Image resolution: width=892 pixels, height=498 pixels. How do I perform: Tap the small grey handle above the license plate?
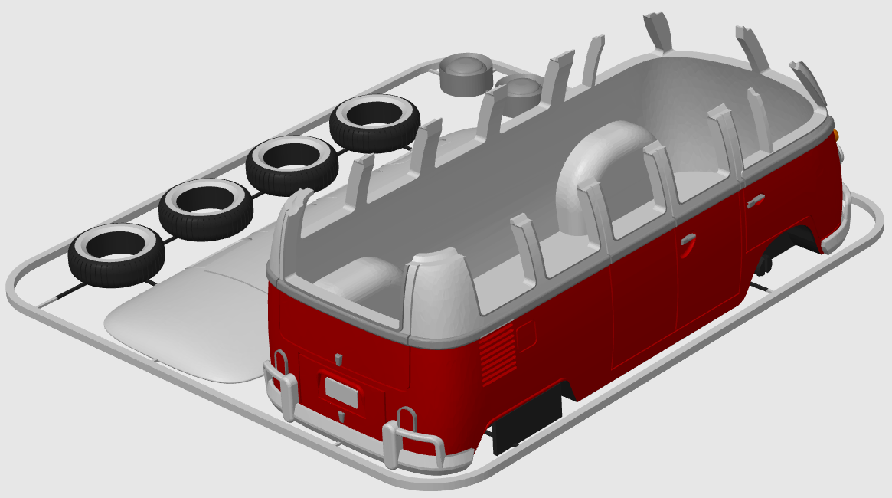click(x=338, y=359)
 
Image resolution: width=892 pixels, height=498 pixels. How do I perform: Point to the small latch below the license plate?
click(x=341, y=416)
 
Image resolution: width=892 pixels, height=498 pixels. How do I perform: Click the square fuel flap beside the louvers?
click(x=526, y=335)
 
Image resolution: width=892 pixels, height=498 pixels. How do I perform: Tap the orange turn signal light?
click(x=837, y=135)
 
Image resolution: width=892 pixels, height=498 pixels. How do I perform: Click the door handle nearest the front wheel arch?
click(x=756, y=200)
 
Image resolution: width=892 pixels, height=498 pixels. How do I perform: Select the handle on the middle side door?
click(x=687, y=239)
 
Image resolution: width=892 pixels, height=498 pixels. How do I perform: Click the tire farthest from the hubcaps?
click(x=116, y=253)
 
